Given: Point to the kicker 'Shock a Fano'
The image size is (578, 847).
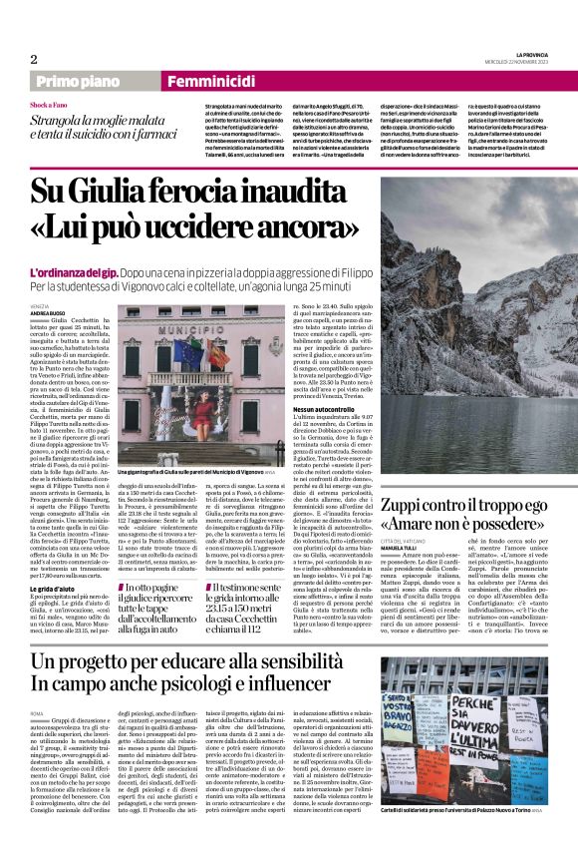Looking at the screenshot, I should point(49,104).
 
